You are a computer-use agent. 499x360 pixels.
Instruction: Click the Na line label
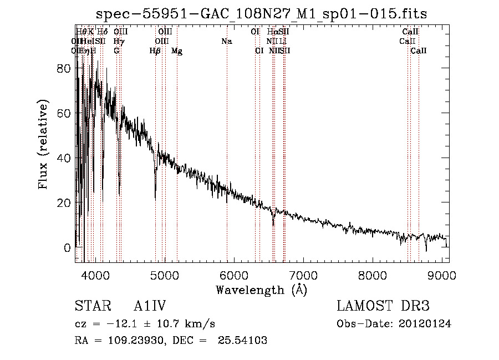tap(226, 42)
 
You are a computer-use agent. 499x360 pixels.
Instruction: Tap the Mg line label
tap(177, 51)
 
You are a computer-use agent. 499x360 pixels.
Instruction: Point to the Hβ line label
tap(155, 51)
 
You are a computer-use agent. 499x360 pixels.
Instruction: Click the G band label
tap(116, 51)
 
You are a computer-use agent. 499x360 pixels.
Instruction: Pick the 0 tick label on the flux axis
tap(67, 247)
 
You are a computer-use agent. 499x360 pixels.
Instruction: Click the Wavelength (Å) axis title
tap(261, 290)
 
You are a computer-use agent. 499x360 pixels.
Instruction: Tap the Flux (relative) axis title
tap(43, 144)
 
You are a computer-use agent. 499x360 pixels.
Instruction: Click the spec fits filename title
tap(261, 13)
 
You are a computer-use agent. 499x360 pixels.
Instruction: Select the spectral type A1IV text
tap(150, 306)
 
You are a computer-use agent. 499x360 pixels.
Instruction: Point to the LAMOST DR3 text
tap(383, 306)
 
